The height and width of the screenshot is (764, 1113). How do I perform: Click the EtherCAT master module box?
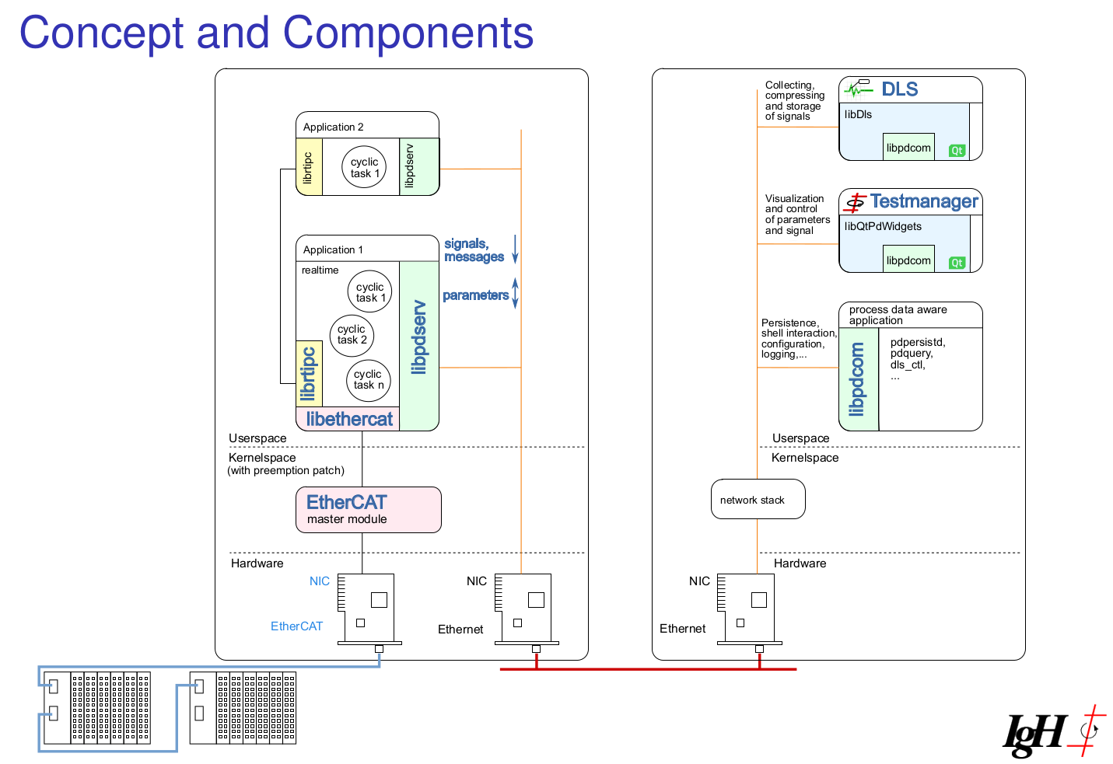(x=369, y=510)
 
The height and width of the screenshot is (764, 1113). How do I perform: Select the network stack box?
(x=758, y=500)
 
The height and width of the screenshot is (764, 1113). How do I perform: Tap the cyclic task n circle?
(x=369, y=380)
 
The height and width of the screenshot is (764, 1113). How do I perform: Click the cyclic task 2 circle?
(x=352, y=336)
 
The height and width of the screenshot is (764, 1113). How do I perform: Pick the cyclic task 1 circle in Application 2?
(x=364, y=167)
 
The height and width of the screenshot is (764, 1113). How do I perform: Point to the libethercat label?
(x=349, y=419)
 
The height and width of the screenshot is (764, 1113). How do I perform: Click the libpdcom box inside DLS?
(x=908, y=147)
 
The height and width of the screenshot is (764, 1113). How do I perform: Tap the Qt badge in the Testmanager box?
(x=957, y=263)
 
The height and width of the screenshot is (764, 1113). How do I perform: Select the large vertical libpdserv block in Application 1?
(x=419, y=346)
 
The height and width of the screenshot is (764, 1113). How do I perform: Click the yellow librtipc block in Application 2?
(x=309, y=167)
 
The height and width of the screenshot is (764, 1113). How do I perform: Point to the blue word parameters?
(x=475, y=295)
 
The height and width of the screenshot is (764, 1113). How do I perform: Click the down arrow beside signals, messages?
(x=515, y=249)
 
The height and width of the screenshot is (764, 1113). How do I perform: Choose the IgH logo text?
(x=1035, y=734)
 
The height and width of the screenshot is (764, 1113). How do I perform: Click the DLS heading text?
(x=900, y=89)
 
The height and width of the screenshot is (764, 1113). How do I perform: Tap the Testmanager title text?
(x=924, y=201)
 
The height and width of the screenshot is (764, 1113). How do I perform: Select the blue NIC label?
(x=320, y=581)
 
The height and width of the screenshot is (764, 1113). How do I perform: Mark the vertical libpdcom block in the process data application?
(x=859, y=379)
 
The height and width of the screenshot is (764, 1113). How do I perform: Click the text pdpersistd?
(x=918, y=343)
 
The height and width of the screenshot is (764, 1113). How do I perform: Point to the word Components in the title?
(x=408, y=33)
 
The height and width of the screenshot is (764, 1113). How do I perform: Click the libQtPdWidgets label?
(x=883, y=226)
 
